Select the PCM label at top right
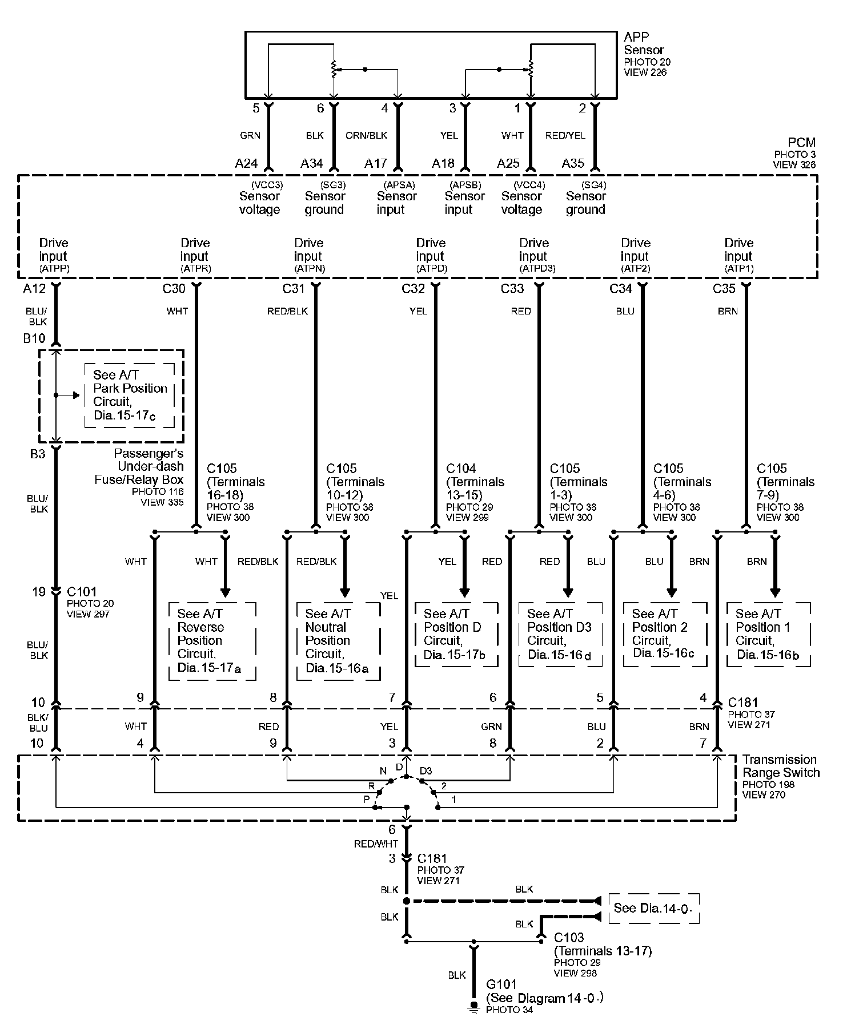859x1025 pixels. (802, 143)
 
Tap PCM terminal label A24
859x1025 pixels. (247, 164)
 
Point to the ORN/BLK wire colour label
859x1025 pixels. (366, 135)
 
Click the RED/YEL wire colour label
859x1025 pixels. (565, 135)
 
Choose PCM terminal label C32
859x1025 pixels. (413, 289)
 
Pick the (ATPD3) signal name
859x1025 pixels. (537, 268)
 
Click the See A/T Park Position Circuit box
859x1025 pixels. (130, 395)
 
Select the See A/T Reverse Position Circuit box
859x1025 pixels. (211, 640)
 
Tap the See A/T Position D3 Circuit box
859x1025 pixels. (560, 633)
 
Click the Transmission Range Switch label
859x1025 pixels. (780, 766)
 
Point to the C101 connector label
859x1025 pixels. (82, 592)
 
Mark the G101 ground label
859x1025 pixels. (501, 984)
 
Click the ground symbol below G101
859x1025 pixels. (473, 1006)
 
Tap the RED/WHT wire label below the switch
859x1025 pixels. (375, 844)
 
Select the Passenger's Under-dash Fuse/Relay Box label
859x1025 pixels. (140, 467)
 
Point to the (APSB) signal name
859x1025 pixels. (465, 185)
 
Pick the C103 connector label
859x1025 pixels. (569, 938)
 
